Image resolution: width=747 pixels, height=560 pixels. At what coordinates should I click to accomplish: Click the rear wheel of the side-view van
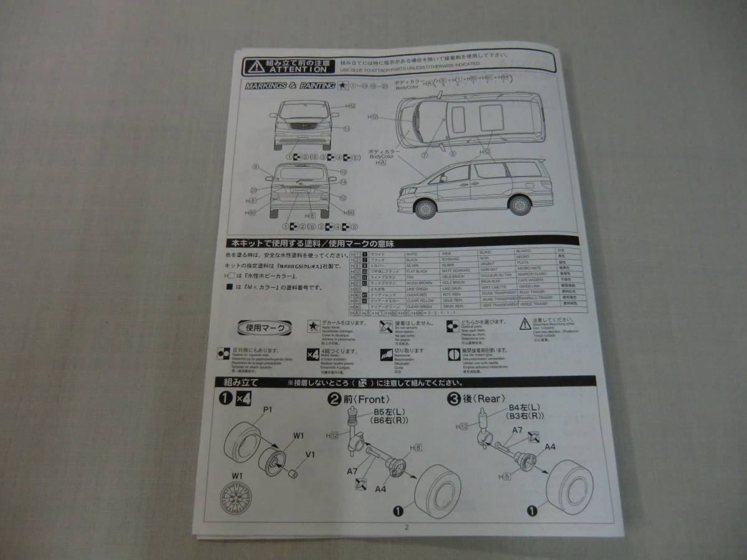520,205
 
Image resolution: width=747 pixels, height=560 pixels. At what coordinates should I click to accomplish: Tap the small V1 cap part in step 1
292,475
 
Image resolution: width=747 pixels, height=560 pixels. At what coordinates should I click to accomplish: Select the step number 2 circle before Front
334,399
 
